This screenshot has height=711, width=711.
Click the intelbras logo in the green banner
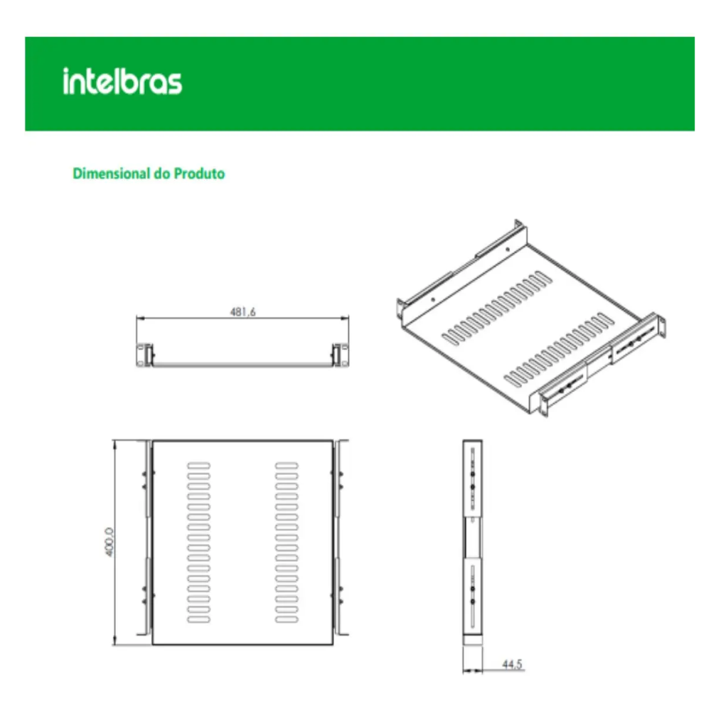pyautogui.click(x=122, y=82)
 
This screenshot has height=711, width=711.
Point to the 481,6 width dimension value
pyautogui.click(x=242, y=311)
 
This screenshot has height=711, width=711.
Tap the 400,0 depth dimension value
pyautogui.click(x=108, y=542)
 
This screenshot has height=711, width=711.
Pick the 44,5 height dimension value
pyautogui.click(x=512, y=664)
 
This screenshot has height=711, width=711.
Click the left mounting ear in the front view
pyautogui.click(x=144, y=355)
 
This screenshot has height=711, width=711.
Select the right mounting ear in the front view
pyautogui.click(x=340, y=355)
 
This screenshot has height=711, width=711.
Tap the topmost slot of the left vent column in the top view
pyautogui.click(x=199, y=466)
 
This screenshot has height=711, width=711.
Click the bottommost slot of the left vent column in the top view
pyautogui.click(x=199, y=620)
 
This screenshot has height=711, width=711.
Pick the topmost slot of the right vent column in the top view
pyautogui.click(x=287, y=466)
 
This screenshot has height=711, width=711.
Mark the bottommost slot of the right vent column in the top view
pyautogui.click(x=287, y=620)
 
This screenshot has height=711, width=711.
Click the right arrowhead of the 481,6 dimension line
pyautogui.click(x=347, y=319)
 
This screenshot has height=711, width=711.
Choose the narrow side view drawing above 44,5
pyautogui.click(x=471, y=540)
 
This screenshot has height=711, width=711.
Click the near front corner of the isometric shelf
pyautogui.click(x=533, y=415)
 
